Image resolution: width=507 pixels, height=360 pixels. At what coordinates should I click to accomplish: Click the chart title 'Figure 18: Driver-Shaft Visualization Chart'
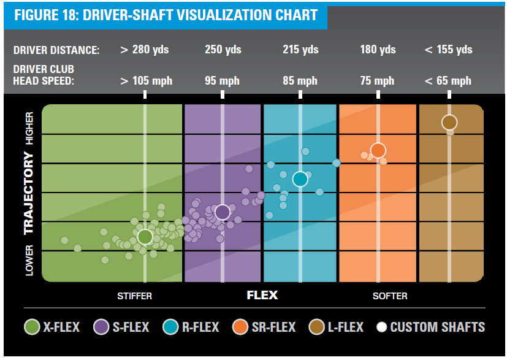click(x=166, y=15)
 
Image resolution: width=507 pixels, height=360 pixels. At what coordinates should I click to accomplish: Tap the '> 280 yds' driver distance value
click(x=145, y=50)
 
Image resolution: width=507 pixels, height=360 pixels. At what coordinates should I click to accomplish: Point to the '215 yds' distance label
click(x=300, y=50)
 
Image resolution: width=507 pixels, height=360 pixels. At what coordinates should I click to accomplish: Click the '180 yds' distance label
click(x=377, y=50)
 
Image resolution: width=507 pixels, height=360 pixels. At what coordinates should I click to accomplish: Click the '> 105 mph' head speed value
click(x=146, y=81)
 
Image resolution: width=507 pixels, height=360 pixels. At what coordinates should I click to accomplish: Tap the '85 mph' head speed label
click(x=300, y=81)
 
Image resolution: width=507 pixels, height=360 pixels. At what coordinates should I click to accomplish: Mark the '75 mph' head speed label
click(x=377, y=81)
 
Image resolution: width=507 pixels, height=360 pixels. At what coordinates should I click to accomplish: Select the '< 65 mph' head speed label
click(x=448, y=81)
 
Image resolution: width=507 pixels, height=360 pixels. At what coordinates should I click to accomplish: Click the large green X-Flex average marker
click(x=145, y=236)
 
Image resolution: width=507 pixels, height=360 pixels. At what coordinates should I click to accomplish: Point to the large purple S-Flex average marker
click(x=223, y=212)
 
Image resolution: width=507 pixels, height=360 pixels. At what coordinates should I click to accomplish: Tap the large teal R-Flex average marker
click(x=300, y=178)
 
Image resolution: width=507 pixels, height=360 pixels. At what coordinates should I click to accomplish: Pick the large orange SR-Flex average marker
click(x=378, y=150)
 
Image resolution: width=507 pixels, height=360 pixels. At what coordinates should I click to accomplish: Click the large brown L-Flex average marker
click(x=449, y=122)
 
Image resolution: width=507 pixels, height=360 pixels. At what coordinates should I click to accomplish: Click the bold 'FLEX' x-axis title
click(x=262, y=296)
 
